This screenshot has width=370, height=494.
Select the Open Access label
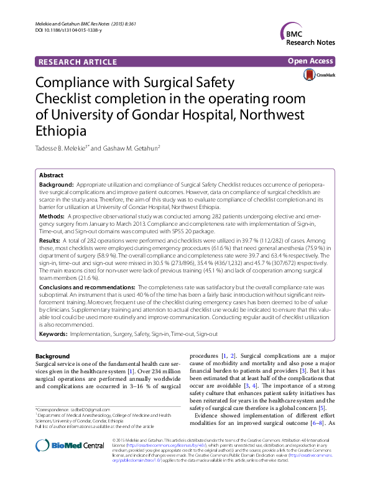pyautogui.click(x=312, y=61)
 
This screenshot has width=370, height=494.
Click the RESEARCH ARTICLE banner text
pyautogui.click(x=77, y=62)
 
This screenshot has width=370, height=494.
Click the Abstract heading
pyautogui.click(x=51, y=175)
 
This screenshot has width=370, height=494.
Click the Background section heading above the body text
pyautogui.click(x=53, y=356)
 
